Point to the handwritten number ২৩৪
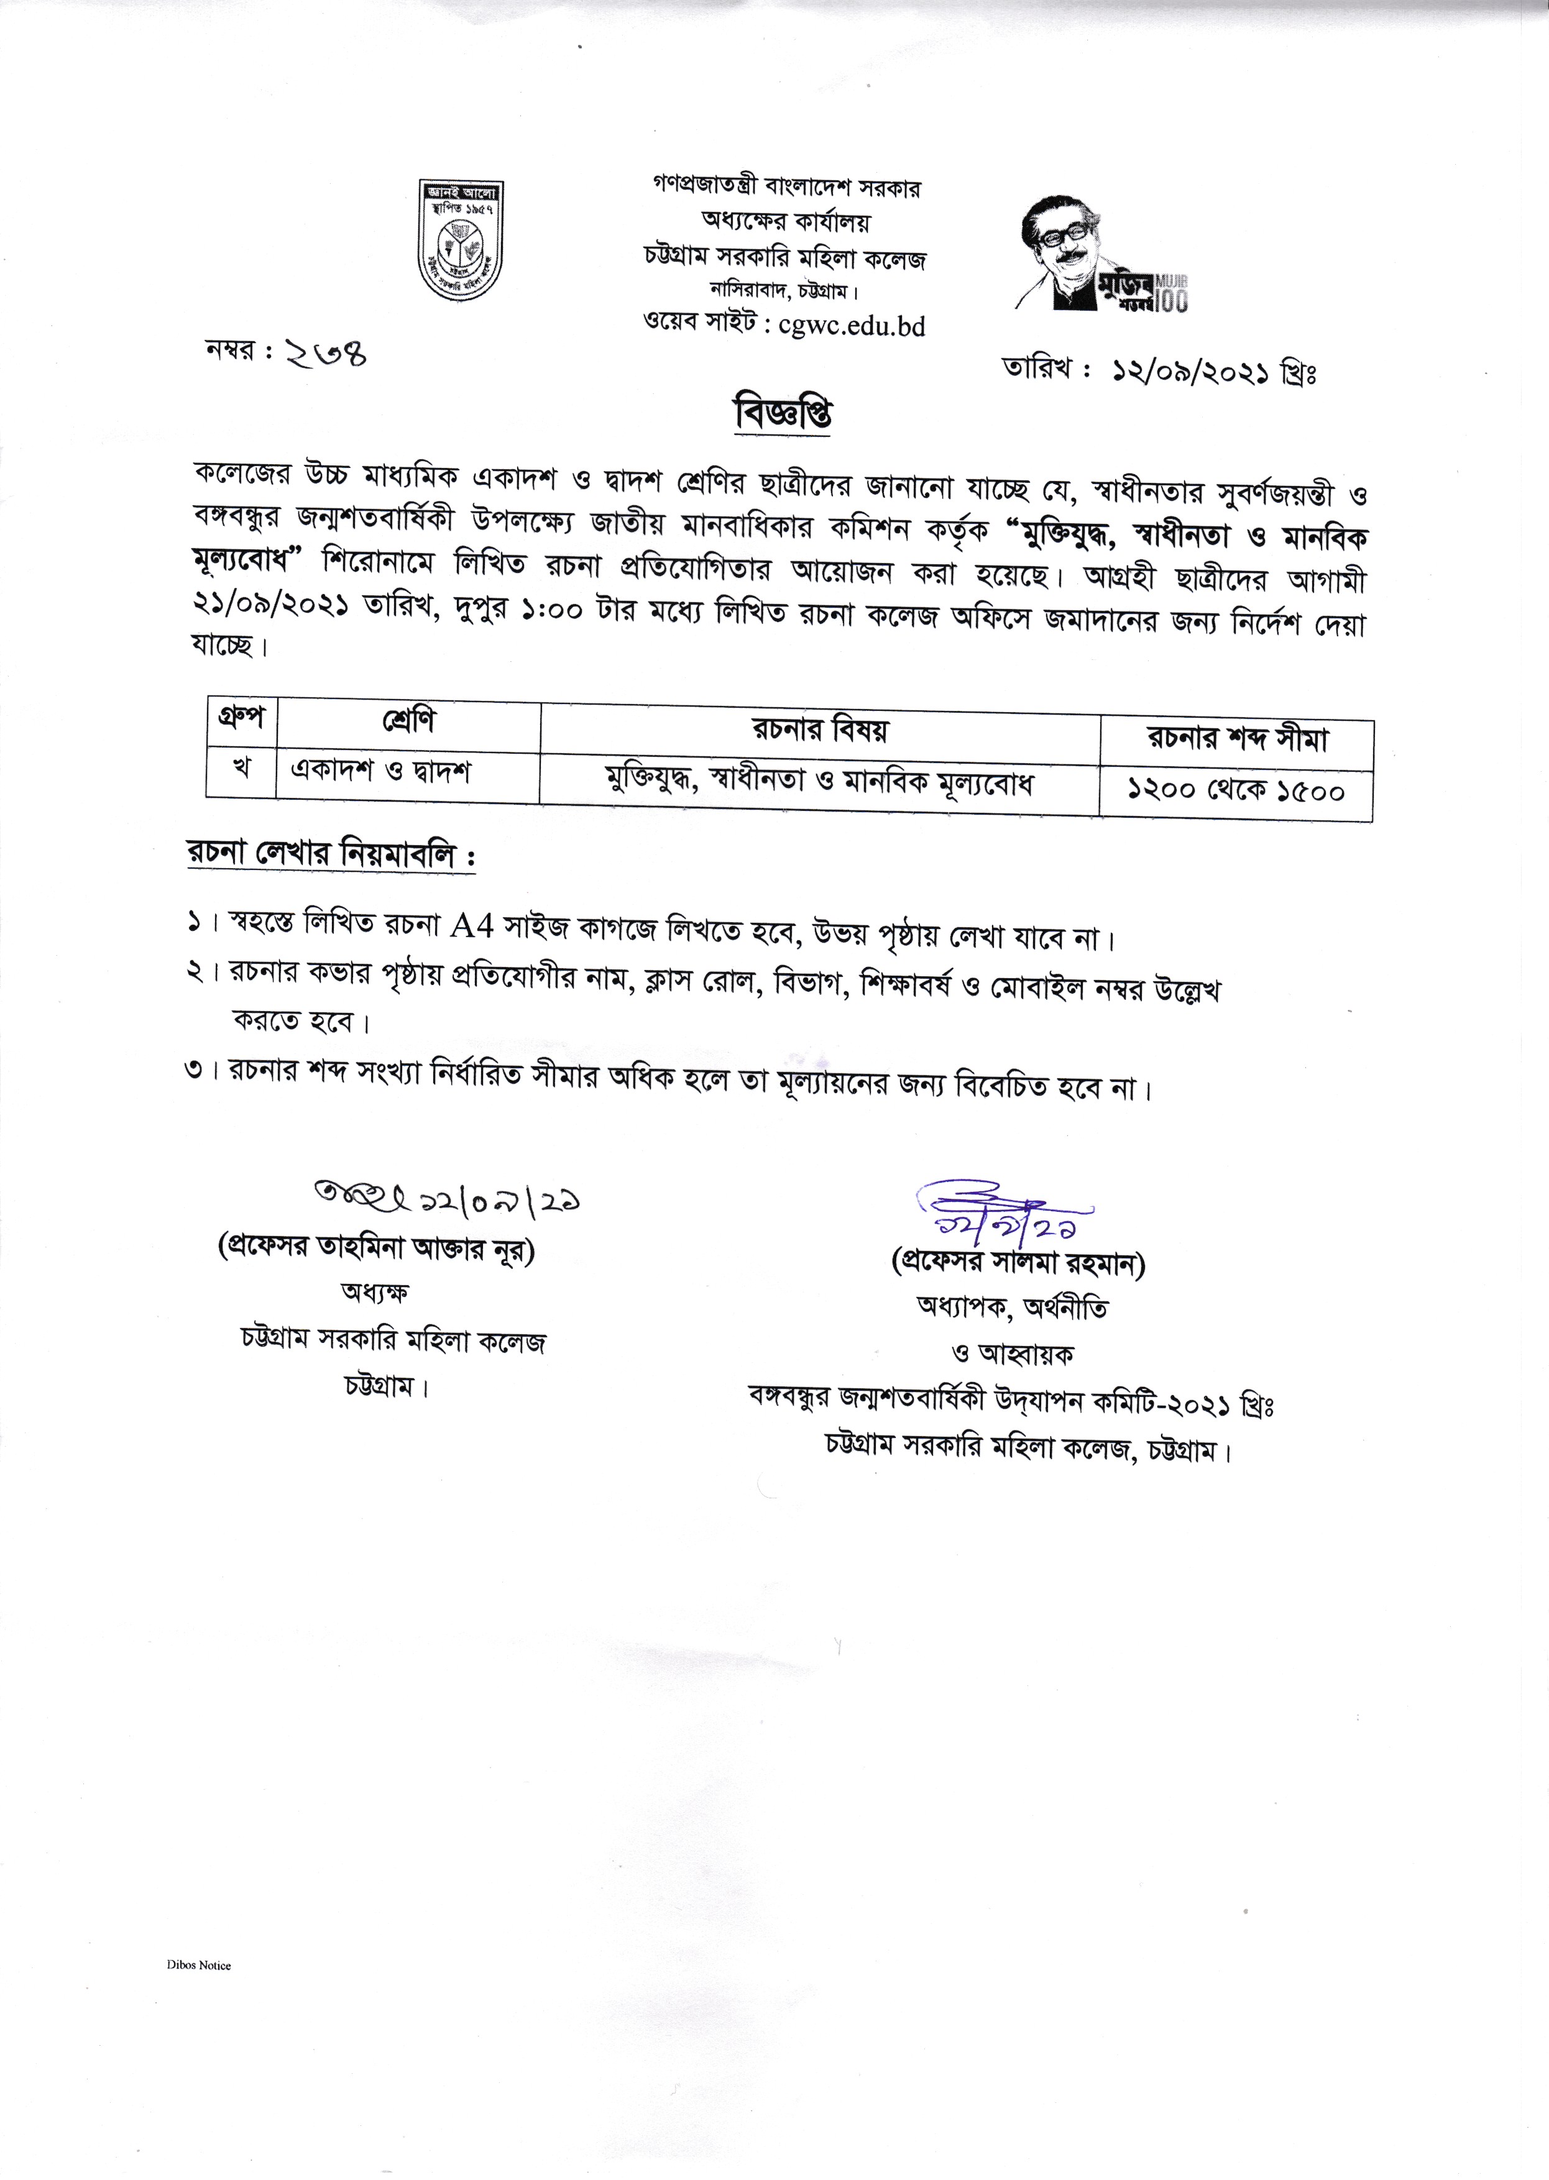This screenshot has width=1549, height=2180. (324, 355)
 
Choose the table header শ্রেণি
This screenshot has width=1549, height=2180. (408, 722)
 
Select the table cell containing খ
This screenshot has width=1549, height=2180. (241, 769)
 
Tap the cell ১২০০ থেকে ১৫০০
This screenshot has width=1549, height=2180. (1236, 790)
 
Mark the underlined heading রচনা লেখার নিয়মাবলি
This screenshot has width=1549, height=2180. (330, 854)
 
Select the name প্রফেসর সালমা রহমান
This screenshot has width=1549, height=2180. (1018, 1263)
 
